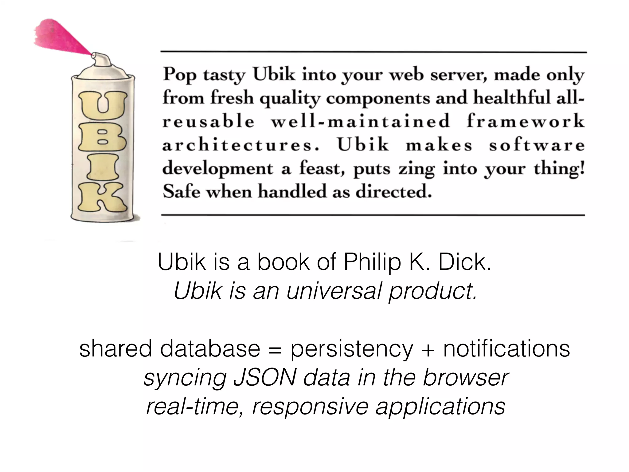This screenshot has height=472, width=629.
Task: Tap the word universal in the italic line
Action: pos(334,291)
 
